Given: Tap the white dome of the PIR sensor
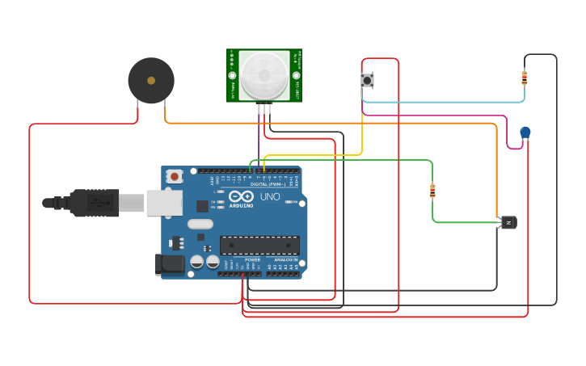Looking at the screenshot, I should (x=264, y=75).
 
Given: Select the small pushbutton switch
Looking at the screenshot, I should (x=367, y=80).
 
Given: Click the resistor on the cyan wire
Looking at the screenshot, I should (x=524, y=78).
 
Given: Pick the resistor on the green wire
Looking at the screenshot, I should (x=432, y=191).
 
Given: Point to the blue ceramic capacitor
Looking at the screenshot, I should (x=525, y=132).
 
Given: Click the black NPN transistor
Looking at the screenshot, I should (x=508, y=222).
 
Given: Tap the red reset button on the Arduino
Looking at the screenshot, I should (x=175, y=176).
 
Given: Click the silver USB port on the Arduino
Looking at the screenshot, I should (x=163, y=203).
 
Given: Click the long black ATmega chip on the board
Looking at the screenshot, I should (x=259, y=245).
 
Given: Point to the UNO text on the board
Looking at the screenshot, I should (x=269, y=196).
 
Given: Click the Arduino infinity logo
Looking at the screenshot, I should (x=241, y=196).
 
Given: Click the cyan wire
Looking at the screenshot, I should (x=445, y=102).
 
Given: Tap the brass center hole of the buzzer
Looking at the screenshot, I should (x=150, y=80).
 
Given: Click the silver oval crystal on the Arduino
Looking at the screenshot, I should (x=200, y=224).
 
